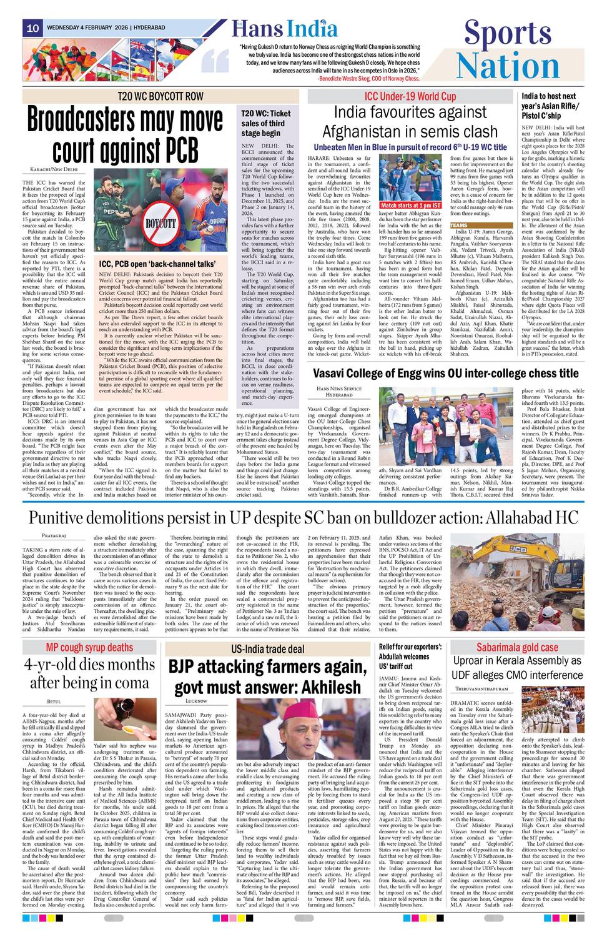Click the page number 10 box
[32, 28]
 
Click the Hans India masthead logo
[284, 29]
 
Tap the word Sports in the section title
[508, 33]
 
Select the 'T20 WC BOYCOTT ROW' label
[160, 96]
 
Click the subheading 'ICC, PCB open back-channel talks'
[157, 264]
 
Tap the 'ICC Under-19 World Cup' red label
[410, 96]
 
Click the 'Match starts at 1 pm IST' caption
[410, 205]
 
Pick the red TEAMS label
[458, 226]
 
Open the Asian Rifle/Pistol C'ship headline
[550, 106]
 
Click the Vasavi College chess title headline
[445, 374]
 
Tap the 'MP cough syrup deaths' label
[89, 648]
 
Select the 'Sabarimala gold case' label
[517, 648]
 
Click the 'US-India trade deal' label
[267, 649]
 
